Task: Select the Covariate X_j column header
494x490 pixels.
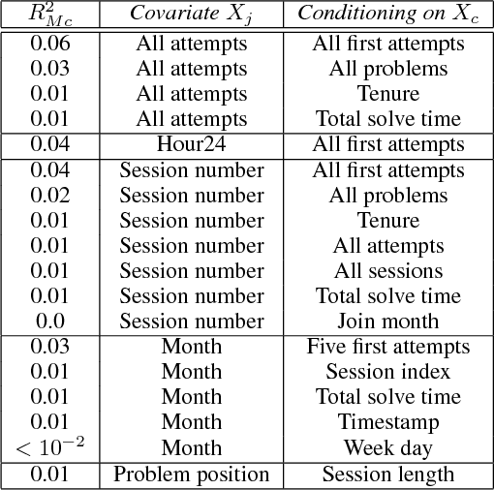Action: click(191, 14)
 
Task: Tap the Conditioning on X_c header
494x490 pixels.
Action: click(387, 14)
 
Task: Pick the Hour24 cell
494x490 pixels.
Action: click(191, 144)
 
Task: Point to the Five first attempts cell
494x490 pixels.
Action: click(387, 347)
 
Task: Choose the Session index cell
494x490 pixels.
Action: click(387, 372)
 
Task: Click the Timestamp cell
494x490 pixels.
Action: click(387, 422)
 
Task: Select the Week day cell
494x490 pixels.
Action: click(387, 447)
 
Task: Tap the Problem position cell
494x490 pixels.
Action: click(191, 474)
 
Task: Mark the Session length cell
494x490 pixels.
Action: click(387, 474)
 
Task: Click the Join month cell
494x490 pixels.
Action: click(387, 321)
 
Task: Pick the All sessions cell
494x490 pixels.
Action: click(387, 270)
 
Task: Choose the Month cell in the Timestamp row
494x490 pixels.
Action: click(191, 422)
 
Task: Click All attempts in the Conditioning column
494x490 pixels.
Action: click(387, 245)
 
